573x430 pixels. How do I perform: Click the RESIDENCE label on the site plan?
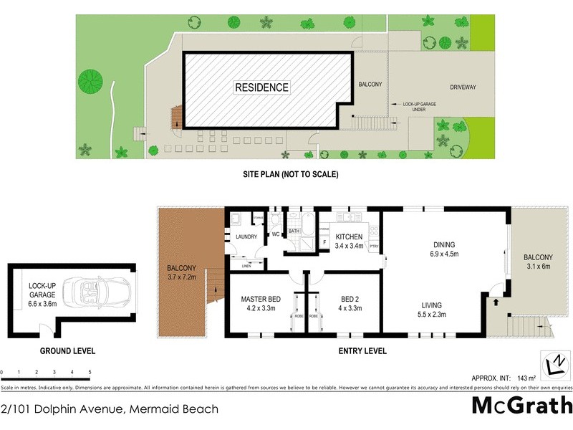tap(262, 87)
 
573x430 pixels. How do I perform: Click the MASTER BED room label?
tap(260, 304)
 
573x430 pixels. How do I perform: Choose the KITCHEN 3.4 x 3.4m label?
tap(349, 242)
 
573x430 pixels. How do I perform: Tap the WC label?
tap(275, 234)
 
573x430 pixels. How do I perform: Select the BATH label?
tap(294, 231)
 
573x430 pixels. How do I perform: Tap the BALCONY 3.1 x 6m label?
tap(537, 262)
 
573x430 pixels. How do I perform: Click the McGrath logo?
tap(521, 406)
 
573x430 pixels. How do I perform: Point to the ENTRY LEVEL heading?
tap(362, 351)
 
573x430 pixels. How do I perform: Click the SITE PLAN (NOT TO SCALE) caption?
tap(289, 174)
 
